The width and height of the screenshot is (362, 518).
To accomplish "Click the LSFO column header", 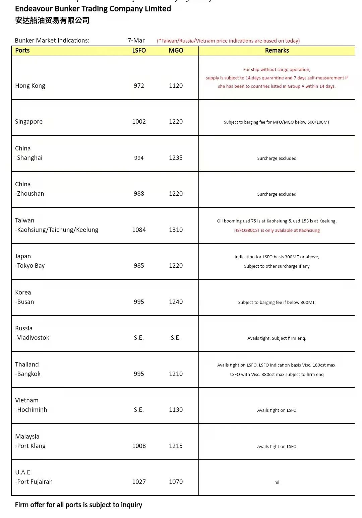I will pyautogui.click(x=139, y=51).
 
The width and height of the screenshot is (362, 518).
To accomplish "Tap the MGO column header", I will pyautogui.click(x=176, y=51).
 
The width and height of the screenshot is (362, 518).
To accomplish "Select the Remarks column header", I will pyautogui.click(x=277, y=51).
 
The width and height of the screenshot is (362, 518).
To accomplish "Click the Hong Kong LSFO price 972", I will pyautogui.click(x=139, y=86).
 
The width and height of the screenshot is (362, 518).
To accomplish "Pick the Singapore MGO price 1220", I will pyautogui.click(x=176, y=122).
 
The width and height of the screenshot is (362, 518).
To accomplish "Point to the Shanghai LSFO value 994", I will pyautogui.click(x=139, y=158).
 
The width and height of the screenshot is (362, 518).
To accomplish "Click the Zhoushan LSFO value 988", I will pyautogui.click(x=139, y=194).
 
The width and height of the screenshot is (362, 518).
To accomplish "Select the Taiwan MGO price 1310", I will pyautogui.click(x=176, y=230).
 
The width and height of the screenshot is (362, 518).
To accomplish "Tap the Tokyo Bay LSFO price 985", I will pyautogui.click(x=139, y=266).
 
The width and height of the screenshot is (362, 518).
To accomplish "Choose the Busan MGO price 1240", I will pyautogui.click(x=176, y=302).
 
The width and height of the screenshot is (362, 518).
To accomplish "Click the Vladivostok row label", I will pyautogui.click(x=32, y=338).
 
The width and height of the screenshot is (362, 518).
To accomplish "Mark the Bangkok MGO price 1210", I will pyautogui.click(x=176, y=374).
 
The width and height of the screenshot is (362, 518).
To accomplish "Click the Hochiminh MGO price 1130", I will pyautogui.click(x=176, y=410).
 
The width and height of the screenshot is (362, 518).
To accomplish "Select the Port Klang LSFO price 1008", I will pyautogui.click(x=139, y=446).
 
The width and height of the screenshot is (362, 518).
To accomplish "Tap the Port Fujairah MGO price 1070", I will pyautogui.click(x=176, y=482).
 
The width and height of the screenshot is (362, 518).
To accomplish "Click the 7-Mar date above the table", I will pyautogui.click(x=136, y=41).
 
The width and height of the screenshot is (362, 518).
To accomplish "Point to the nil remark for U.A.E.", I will pyautogui.click(x=277, y=482).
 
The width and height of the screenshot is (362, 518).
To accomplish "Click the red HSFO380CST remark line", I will pyautogui.click(x=277, y=231).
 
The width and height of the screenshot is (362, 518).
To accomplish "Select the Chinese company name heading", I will pyautogui.click(x=52, y=20).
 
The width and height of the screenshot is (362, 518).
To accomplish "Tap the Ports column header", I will pyautogui.click(x=22, y=51).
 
